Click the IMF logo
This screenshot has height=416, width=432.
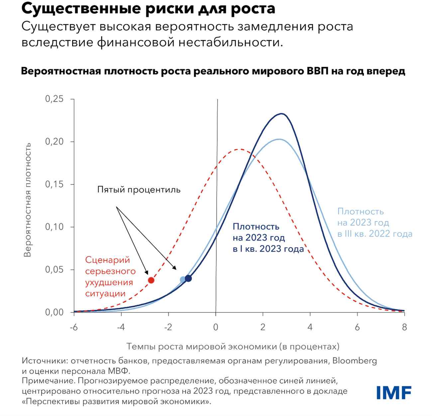tap(394, 393)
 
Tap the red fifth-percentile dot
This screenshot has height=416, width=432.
tap(151, 280)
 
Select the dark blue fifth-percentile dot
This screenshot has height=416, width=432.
tap(188, 278)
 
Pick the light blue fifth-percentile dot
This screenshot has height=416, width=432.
tap(182, 279)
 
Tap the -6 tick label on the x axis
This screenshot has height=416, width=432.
tap(73, 327)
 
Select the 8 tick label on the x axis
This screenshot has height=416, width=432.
tap(404, 327)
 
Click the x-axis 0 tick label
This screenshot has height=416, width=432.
tap(216, 327)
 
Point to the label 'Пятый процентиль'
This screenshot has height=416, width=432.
tap(139, 190)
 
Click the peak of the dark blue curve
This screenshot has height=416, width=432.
tap(282, 114)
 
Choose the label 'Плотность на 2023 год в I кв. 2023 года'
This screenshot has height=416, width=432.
tap(268, 238)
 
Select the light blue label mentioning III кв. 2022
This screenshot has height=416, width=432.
tap(375, 223)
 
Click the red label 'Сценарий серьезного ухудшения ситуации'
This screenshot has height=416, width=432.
tap(110, 277)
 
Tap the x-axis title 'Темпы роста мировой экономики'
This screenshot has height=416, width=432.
tap(233, 347)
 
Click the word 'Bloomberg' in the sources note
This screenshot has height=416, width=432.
tap(355, 361)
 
